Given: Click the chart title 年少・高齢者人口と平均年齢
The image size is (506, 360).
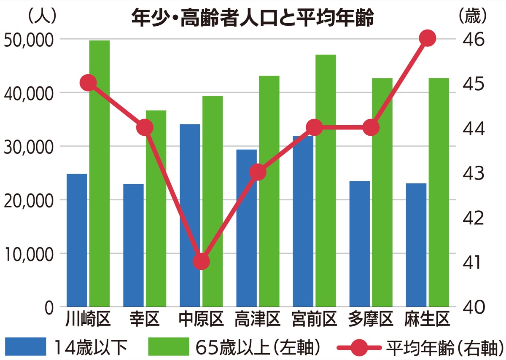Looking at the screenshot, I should (253, 19).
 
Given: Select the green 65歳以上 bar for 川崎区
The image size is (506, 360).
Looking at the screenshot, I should (100, 173).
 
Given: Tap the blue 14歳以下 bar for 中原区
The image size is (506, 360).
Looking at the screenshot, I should (190, 215).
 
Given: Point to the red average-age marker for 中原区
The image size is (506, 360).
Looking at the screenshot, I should (201, 262).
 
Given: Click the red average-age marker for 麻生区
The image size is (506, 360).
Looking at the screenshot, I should (428, 38).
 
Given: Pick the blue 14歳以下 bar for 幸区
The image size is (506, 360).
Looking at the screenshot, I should (133, 244).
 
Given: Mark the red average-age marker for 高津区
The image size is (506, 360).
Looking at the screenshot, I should (258, 172).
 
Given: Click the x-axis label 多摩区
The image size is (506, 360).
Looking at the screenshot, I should (371, 320).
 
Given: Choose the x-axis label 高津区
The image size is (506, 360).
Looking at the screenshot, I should (258, 320).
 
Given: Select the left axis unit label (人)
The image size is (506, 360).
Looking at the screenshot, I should (41, 16).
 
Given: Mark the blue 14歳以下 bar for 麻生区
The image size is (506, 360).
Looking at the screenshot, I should (416, 244).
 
